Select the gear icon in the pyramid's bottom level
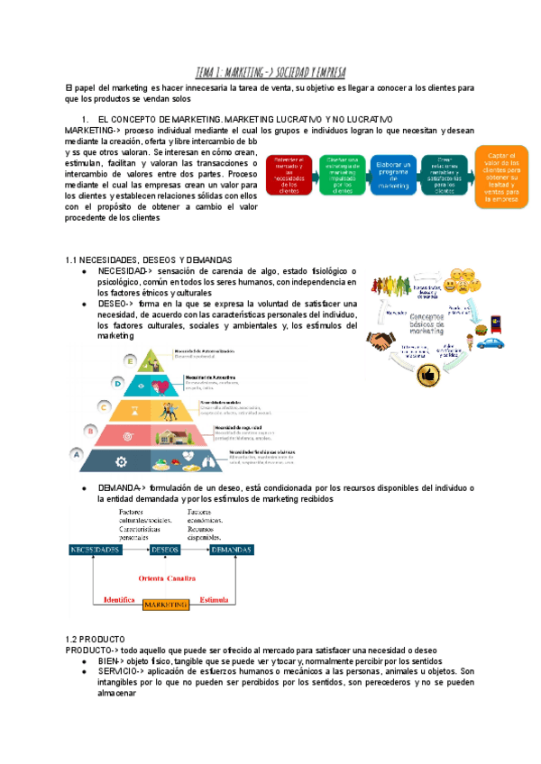tap(121, 460)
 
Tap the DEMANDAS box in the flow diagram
tap(237, 549)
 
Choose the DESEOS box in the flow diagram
tap(166, 549)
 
